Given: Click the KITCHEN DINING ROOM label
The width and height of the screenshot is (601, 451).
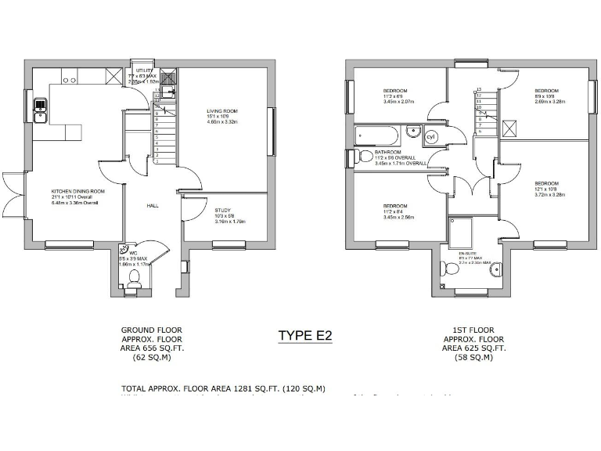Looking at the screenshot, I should [x=77, y=191].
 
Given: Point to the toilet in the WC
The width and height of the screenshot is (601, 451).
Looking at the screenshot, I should [x=134, y=278].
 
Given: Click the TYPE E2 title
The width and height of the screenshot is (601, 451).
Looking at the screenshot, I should [x=305, y=335].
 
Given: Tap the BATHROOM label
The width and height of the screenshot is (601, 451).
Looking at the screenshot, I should [x=388, y=152].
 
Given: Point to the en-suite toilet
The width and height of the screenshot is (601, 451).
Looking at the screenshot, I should [x=450, y=270].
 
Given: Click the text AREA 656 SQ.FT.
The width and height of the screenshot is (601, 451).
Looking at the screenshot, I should [x=152, y=347].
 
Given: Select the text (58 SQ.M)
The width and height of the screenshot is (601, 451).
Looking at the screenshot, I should [x=474, y=358].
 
